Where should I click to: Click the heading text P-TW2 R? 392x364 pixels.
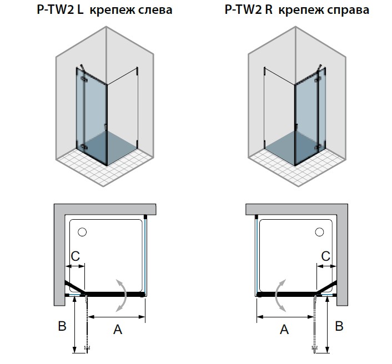click(245, 11)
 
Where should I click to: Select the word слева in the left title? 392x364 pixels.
click(153, 11)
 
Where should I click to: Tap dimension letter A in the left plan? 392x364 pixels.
click(117, 330)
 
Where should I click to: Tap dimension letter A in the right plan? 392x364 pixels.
click(284, 330)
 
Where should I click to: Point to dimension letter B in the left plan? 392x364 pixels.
click(62, 326)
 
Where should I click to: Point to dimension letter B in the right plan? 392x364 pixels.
click(339, 326)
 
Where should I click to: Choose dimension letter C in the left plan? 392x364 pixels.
click(76, 256)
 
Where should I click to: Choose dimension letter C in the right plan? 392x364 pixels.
click(326, 256)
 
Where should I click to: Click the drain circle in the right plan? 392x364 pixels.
click(320, 231)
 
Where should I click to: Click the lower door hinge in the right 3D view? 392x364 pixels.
click(318, 146)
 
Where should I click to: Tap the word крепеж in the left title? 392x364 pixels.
click(109, 11)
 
